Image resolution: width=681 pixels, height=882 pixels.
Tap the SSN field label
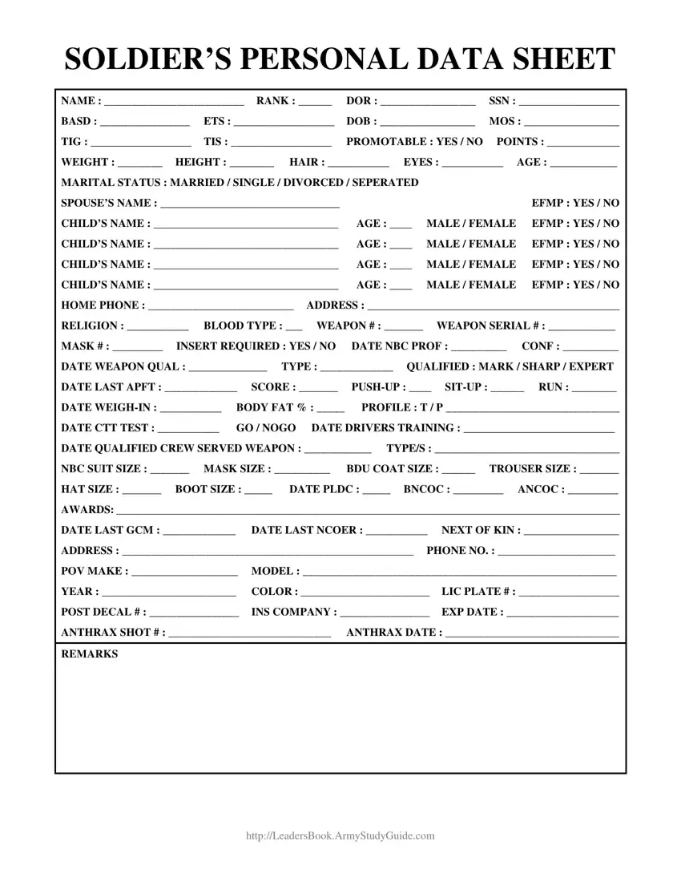click(x=502, y=101)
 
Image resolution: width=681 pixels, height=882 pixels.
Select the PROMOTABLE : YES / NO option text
click(x=414, y=142)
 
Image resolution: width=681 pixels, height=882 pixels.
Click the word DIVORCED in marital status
click(x=309, y=183)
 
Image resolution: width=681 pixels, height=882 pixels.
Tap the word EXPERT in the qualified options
click(x=591, y=366)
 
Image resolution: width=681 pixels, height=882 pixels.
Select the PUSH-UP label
click(x=374, y=387)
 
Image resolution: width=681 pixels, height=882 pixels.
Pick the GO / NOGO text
click(x=266, y=428)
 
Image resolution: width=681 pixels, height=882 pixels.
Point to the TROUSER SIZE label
click(x=532, y=469)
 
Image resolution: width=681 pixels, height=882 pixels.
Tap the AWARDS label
click(x=87, y=510)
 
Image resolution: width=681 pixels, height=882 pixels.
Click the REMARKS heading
click(x=89, y=654)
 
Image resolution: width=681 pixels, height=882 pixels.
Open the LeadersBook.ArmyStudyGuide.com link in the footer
click(x=340, y=835)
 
